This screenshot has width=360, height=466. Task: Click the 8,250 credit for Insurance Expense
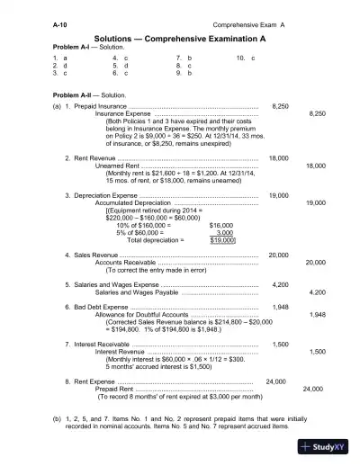[317, 114]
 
